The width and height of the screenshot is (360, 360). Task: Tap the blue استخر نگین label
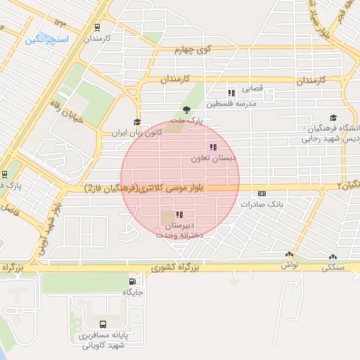(x=46, y=39)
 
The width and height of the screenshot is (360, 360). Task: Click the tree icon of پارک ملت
(x=186, y=109)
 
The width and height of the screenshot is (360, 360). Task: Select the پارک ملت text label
(x=188, y=121)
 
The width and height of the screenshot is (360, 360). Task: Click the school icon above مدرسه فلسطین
(x=231, y=93)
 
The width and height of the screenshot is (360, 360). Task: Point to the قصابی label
(x=252, y=89)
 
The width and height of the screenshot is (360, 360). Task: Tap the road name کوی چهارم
(x=193, y=50)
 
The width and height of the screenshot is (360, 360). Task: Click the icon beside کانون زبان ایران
(x=137, y=122)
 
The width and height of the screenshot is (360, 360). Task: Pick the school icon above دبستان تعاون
(x=212, y=147)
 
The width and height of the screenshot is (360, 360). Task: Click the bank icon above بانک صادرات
(x=262, y=193)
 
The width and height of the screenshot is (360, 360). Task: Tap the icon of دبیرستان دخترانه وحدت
(x=179, y=214)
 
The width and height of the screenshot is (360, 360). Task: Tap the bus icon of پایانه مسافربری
(x=103, y=324)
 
